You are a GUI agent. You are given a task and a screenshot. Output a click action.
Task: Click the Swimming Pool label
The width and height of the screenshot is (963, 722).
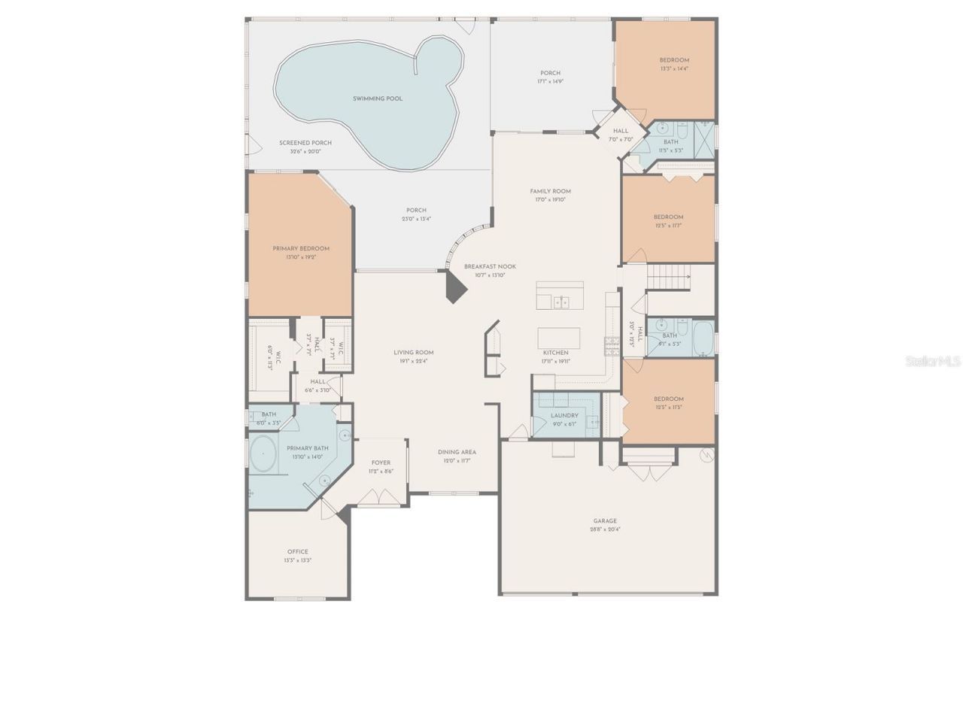click(378, 99)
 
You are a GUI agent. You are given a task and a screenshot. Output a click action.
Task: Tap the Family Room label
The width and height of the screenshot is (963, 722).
click(550, 191)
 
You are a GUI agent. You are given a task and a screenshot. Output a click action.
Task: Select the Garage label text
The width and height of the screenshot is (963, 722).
click(605, 520)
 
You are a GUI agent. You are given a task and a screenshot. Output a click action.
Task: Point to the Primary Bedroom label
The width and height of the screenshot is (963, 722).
click(300, 248)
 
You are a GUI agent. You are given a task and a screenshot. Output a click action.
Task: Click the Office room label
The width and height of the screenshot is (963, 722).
click(297, 551)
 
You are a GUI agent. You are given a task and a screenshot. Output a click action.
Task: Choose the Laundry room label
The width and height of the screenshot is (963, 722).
click(564, 415)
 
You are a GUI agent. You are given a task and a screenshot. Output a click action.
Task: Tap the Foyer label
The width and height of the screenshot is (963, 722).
click(381, 463)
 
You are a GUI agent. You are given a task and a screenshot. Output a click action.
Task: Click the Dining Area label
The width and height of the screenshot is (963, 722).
click(457, 452)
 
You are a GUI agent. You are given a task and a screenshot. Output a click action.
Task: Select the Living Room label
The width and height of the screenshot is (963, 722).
click(413, 352)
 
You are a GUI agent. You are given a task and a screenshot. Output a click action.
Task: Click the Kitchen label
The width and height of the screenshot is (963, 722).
click(556, 352)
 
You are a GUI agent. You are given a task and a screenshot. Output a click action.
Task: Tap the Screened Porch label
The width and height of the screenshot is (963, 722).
click(305, 143)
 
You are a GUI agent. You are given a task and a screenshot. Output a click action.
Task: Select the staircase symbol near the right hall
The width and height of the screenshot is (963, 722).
click(669, 277)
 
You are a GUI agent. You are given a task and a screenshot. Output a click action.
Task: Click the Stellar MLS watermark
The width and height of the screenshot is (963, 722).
click(933, 361)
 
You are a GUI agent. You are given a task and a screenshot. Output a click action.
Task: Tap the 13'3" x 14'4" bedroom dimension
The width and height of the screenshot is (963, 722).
click(674, 68)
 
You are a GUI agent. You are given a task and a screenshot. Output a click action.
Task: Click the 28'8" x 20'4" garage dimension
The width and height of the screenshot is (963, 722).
click(605, 529)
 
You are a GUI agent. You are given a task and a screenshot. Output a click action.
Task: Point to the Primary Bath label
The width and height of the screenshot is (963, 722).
click(307, 448)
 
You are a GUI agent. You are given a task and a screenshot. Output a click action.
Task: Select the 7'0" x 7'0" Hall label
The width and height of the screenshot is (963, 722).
click(621, 131)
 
